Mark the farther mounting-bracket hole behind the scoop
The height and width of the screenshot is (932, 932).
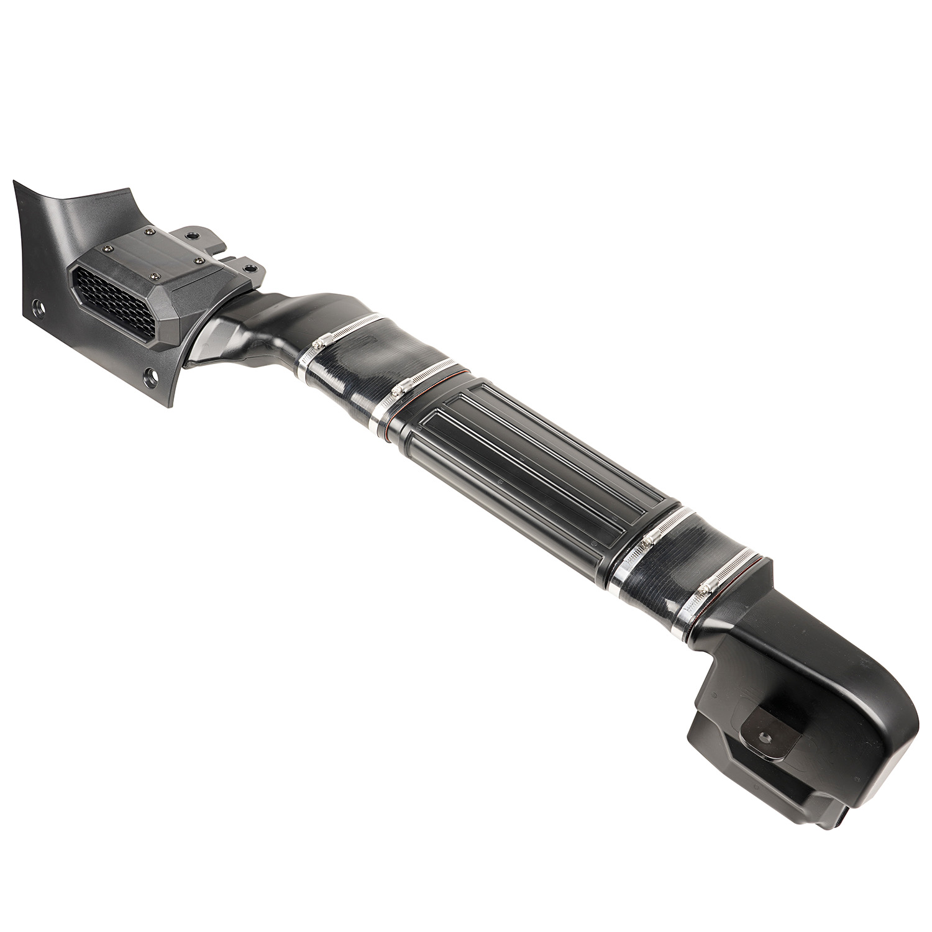click(189, 237)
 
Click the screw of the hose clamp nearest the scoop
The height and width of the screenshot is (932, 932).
click(324, 340)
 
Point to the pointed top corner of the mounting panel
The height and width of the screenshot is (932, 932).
click(16, 184)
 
